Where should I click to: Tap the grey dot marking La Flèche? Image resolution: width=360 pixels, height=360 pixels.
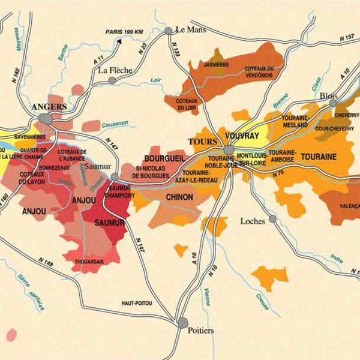[x=112, y=80]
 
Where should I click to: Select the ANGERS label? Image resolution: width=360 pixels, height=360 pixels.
[x=49, y=107]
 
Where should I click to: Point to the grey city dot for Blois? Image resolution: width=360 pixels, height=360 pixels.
[x=333, y=103]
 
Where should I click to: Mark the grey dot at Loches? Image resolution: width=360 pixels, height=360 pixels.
[x=272, y=219]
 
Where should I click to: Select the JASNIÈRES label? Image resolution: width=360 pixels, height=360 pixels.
[x=216, y=64]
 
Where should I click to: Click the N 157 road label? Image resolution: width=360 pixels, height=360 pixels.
[x=346, y=38]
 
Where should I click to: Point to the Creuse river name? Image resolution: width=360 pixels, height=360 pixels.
[x=263, y=298]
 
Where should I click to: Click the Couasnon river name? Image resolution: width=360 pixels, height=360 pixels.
[x=115, y=124]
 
